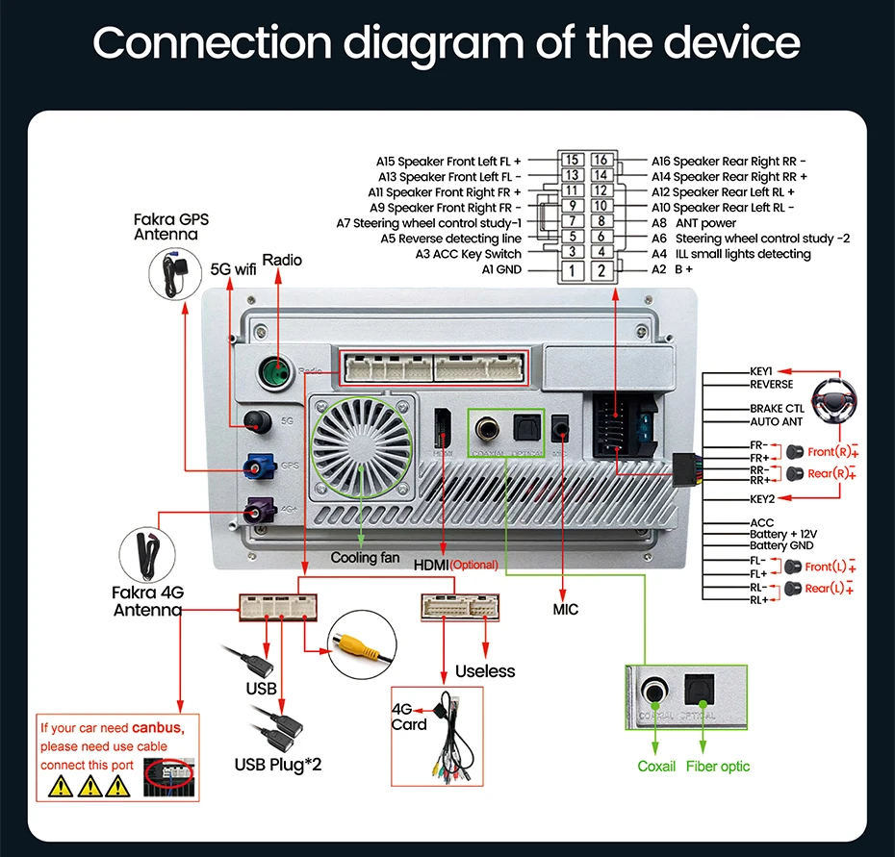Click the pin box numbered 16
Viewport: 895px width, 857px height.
click(x=601, y=161)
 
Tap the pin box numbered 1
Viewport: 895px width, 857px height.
click(x=572, y=270)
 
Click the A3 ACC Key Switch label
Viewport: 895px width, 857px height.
click(x=468, y=254)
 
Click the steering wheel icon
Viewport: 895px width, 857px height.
click(x=834, y=400)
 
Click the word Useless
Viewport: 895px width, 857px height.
click(x=485, y=671)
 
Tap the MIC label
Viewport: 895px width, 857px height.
click(x=566, y=609)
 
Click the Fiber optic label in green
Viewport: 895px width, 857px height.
click(x=717, y=767)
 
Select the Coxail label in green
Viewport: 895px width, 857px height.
click(x=656, y=767)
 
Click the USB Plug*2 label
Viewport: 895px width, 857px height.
click(x=278, y=765)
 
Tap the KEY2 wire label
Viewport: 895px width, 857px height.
click(x=767, y=498)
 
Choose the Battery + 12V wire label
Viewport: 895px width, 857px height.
click(x=782, y=534)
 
